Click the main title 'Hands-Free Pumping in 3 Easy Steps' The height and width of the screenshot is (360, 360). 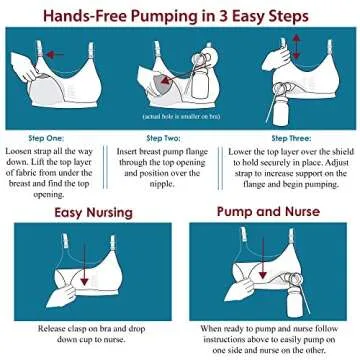180,15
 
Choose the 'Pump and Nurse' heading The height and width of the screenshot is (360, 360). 266,213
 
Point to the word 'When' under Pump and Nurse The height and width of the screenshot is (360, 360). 213,328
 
